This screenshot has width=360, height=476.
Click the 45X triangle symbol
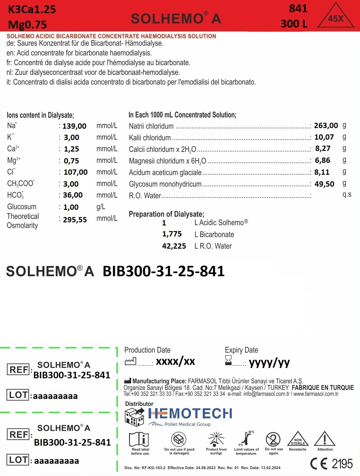tap(336, 17)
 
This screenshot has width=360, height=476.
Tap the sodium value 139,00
tap(74, 126)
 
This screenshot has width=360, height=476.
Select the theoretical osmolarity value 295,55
tap(75, 220)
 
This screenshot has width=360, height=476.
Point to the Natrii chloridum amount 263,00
tap(326, 126)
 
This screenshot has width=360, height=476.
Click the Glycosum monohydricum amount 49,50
tap(324, 184)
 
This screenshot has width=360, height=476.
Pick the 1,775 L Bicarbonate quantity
tap(172, 234)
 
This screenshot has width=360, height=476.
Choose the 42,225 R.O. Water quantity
tap(174, 246)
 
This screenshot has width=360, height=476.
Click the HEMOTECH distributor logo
tap(190, 414)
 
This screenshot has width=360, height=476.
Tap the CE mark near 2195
tap(319, 463)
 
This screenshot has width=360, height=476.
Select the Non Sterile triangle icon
tap(298, 439)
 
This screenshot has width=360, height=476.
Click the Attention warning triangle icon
tap(325, 439)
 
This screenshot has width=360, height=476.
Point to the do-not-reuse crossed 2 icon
tap(273, 439)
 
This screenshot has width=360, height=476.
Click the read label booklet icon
tap(139, 439)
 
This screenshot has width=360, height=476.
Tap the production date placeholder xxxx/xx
tap(175, 361)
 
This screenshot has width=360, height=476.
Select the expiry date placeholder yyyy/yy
tap(269, 362)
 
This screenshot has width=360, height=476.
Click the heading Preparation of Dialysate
tap(166, 214)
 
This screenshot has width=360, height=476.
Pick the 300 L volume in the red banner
tap(294, 24)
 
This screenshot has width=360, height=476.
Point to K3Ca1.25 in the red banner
tap(32, 9)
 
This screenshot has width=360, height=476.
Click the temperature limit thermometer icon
tap(247, 438)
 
